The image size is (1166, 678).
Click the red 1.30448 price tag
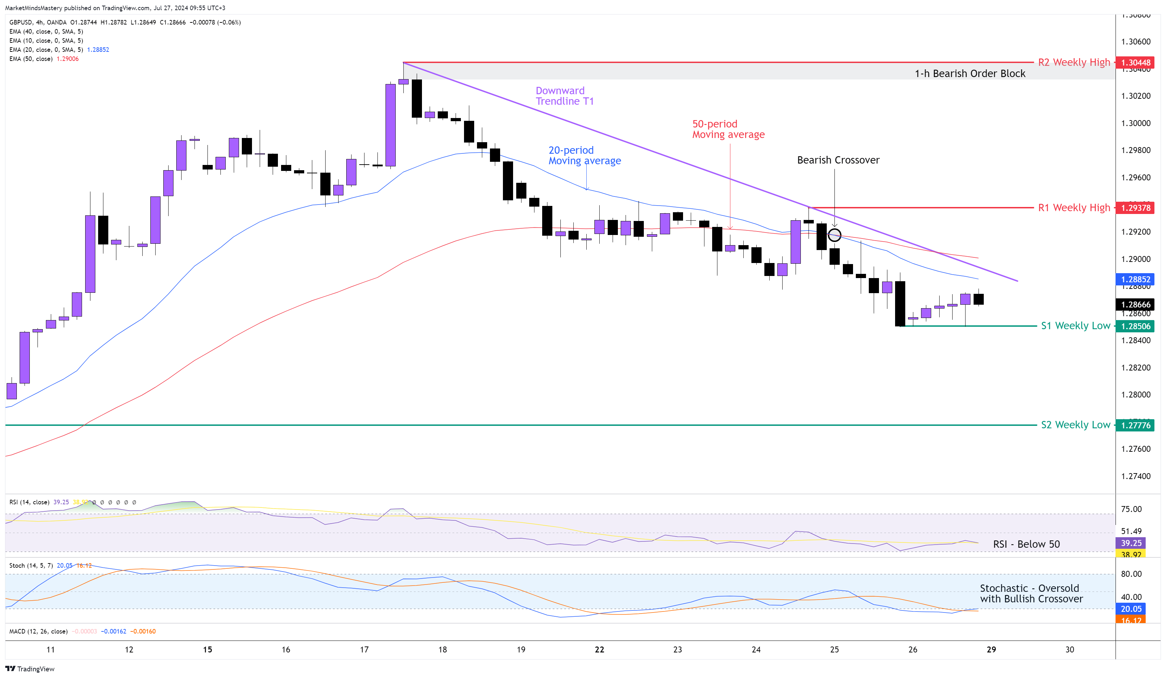point(1135,62)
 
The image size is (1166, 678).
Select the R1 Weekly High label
point(1073,208)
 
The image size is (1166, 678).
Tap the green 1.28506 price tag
point(1135,326)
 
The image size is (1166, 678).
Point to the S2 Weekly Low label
point(1075,424)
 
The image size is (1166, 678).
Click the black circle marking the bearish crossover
point(834,235)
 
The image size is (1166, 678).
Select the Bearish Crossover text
point(838,160)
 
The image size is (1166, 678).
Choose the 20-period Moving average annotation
point(584,155)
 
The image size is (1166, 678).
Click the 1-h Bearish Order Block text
point(970,74)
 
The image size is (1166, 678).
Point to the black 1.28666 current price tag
point(1135,304)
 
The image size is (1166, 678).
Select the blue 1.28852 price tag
point(1135,279)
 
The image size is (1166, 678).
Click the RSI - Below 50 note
point(1026,544)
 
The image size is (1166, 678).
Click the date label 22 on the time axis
point(599,649)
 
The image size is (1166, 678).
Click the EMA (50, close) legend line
point(44,59)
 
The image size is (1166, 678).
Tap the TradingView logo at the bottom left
point(30,669)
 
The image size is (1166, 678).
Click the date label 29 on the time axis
point(991,649)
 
